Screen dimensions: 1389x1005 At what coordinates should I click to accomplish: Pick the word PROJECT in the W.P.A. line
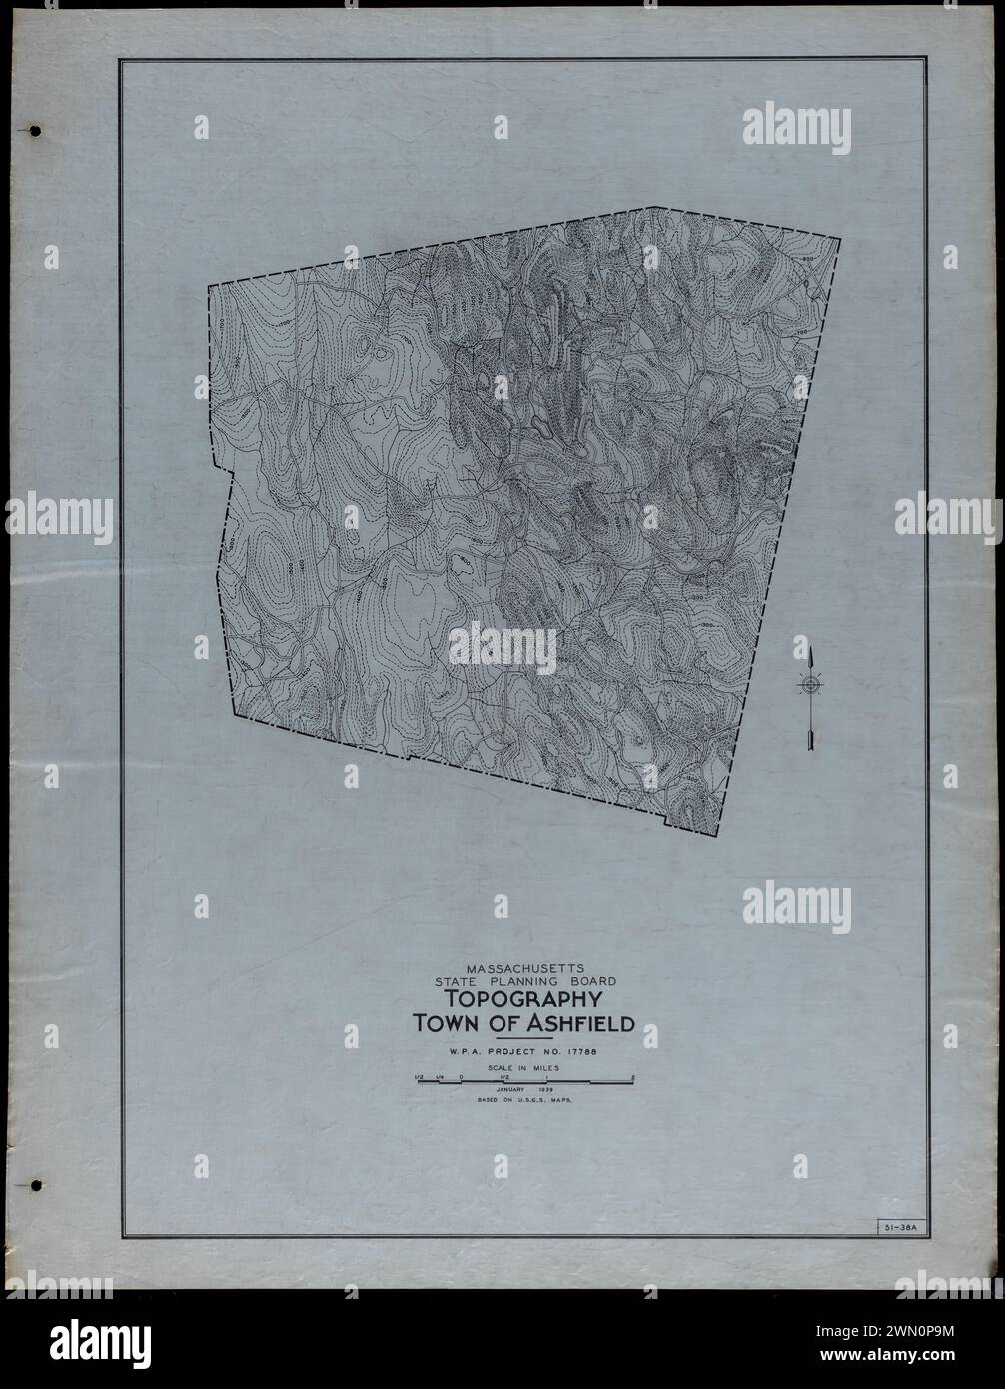(x=525, y=1051)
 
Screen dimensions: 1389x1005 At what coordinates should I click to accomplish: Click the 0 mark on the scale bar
(x=460, y=1077)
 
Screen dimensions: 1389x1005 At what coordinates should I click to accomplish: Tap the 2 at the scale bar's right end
(x=633, y=1077)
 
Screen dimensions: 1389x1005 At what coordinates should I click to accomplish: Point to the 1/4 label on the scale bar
(x=438, y=1077)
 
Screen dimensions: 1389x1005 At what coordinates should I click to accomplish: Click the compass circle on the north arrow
(x=810, y=685)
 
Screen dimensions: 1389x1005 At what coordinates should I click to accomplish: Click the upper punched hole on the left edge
(x=36, y=131)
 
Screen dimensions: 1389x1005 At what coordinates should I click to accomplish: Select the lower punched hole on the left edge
(x=36, y=1186)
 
